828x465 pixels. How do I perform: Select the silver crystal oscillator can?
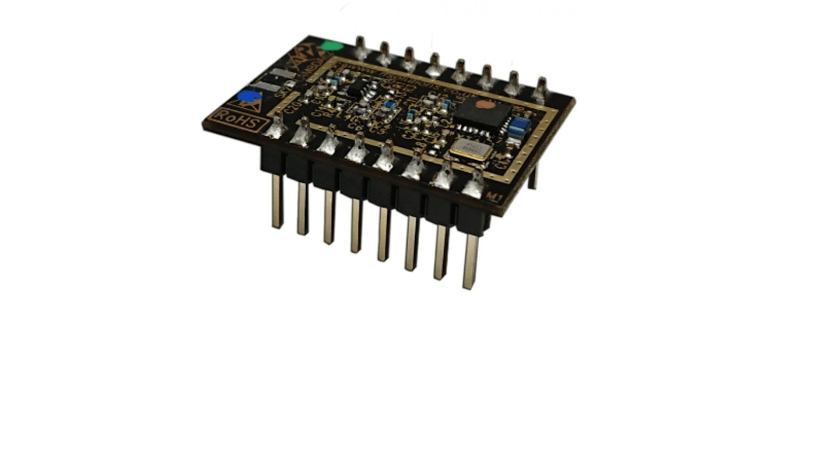[471, 149]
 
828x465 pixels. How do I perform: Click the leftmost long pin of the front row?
[278, 201]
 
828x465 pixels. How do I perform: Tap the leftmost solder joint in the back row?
[360, 48]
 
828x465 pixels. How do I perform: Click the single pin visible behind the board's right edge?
[533, 175]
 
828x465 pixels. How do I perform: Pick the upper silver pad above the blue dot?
[280, 74]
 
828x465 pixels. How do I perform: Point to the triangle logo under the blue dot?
[247, 106]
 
